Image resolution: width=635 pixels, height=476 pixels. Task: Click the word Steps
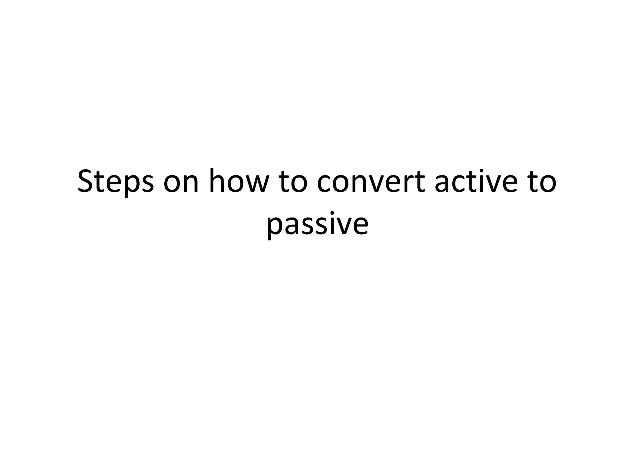click(115, 182)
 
